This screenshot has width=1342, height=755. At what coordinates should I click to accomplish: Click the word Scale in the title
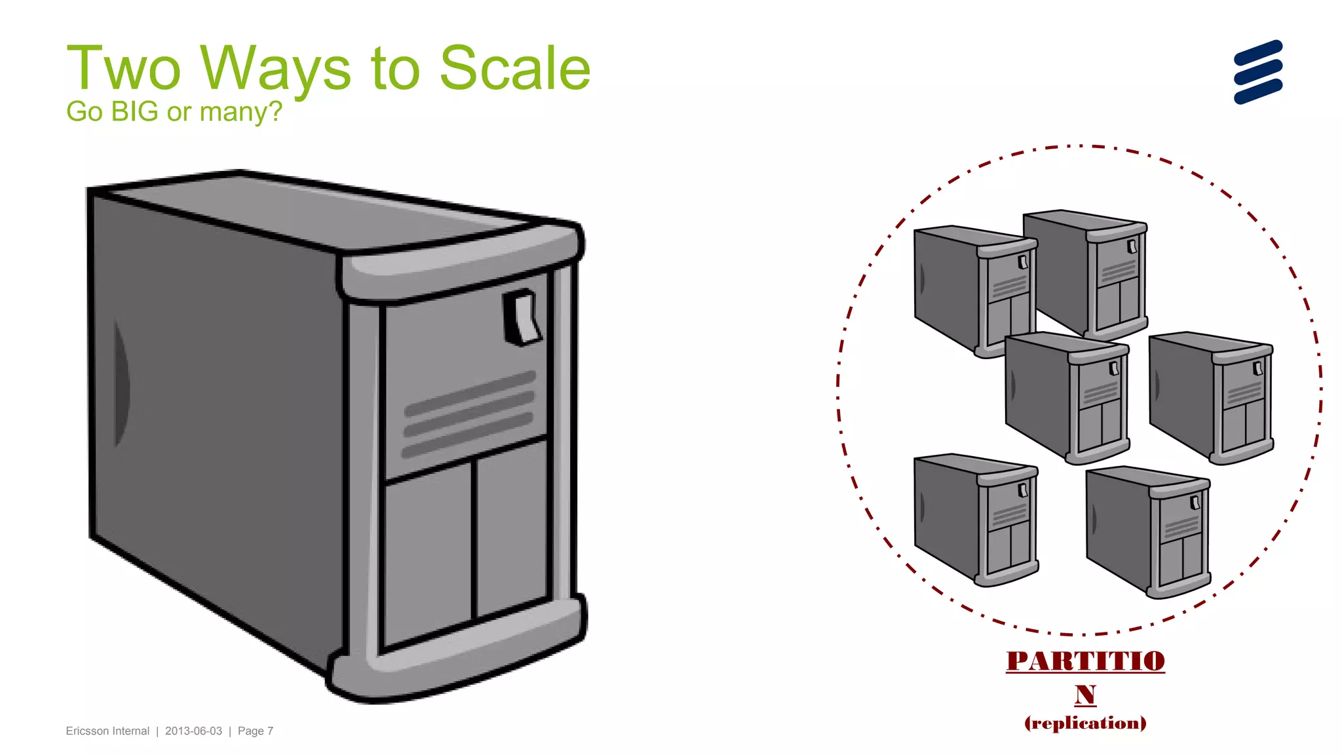tap(515, 68)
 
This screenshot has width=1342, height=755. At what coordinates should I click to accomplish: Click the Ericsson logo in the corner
tap(1257, 72)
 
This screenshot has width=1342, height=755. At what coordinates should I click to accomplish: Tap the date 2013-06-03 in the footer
tap(193, 731)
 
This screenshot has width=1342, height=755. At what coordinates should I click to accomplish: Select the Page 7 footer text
tap(256, 731)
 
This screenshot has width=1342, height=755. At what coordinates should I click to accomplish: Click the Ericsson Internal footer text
tap(107, 731)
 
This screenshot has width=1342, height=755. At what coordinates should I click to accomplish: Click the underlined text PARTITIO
tap(1085, 661)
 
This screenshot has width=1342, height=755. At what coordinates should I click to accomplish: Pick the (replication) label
tap(1085, 723)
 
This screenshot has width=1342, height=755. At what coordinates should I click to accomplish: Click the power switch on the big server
tap(522, 318)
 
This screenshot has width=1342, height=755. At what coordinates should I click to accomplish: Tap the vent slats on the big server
tap(469, 414)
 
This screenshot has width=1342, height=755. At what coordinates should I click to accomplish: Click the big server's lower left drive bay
tap(427, 554)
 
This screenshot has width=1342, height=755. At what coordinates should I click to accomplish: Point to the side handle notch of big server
tap(121, 383)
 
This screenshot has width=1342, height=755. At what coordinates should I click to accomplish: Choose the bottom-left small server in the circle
tap(975, 518)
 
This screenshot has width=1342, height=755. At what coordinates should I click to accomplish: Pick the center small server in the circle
tap(1067, 397)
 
